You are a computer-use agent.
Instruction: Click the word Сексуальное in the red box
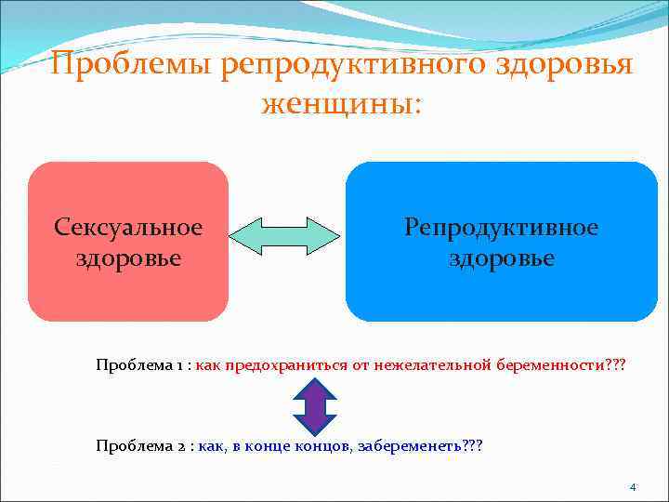pos(128,227)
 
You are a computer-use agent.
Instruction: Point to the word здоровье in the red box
pos(128,257)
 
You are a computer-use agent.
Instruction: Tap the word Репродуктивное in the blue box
pos(502,227)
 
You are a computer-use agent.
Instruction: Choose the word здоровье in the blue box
pos(502,258)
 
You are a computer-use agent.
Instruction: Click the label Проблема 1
pos(140,365)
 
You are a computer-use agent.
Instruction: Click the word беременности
pos(547,365)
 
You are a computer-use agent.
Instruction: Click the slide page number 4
pos(633,486)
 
